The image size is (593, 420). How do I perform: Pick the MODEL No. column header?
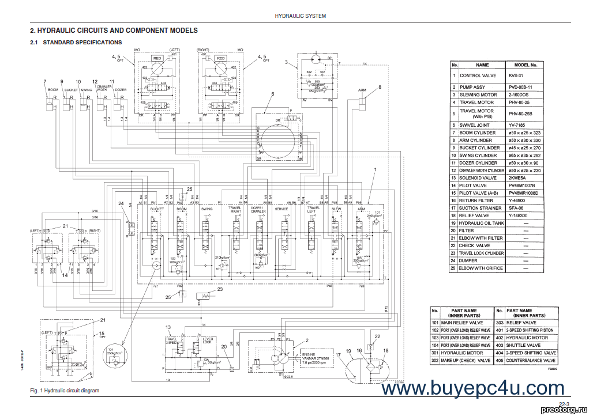tap(525, 65)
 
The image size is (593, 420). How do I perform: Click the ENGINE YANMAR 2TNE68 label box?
tap(316, 355)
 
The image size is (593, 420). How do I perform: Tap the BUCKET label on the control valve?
tap(157, 209)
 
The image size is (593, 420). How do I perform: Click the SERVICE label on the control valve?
tap(282, 209)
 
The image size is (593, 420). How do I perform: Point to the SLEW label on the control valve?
tap(336, 209)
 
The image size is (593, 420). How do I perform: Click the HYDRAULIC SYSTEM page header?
tap(300, 16)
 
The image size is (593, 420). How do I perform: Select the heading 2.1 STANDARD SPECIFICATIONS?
tap(76, 43)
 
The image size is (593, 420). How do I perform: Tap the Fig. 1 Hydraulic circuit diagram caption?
tap(64, 391)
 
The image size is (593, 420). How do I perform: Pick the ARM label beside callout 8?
tap(362, 90)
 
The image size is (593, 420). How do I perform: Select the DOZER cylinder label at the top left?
tap(121, 90)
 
